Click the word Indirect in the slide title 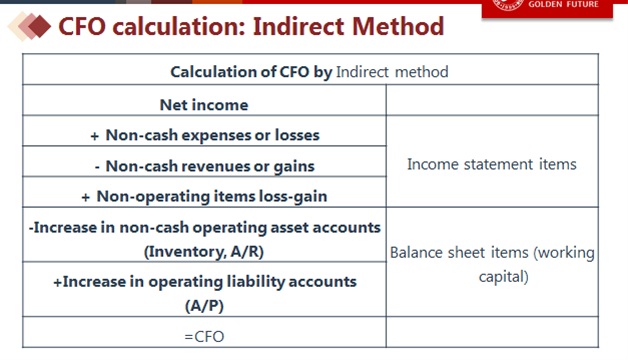point(298,26)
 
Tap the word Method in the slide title point(398,26)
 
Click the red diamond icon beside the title point(39,26)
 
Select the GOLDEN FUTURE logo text point(563,4)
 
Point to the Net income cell point(204,105)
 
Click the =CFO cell point(204,337)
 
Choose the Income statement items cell point(492,164)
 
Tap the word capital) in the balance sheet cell point(504,276)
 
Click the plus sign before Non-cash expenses point(95,136)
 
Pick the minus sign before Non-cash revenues point(97,167)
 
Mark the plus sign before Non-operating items point(85,197)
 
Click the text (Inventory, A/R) point(204,251)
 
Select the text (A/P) point(204,306)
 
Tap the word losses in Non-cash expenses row point(297,135)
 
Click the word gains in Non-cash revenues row point(294,167)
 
